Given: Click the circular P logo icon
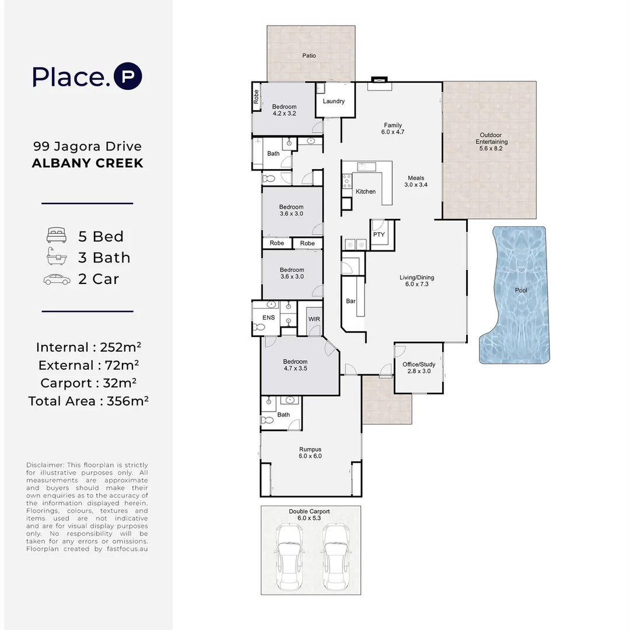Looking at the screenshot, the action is (128, 76).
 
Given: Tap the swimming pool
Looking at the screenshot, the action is (516, 295).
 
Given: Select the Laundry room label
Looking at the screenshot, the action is (334, 101).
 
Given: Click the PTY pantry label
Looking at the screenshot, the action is (379, 235).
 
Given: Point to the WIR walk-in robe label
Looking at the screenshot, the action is (314, 319).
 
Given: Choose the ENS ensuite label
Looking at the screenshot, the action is (269, 317).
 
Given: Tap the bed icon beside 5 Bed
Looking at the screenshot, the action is (57, 236).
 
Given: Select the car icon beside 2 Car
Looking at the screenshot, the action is (57, 279).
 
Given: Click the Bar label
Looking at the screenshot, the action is (351, 301).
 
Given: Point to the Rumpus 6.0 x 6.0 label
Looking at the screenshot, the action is (310, 453).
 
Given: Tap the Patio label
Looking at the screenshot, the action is (309, 55).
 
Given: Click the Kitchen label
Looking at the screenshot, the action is (366, 192).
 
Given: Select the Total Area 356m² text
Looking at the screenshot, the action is (89, 401).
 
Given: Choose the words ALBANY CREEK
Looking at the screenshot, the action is (87, 163).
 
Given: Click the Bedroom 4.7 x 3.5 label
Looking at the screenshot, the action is (295, 365).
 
